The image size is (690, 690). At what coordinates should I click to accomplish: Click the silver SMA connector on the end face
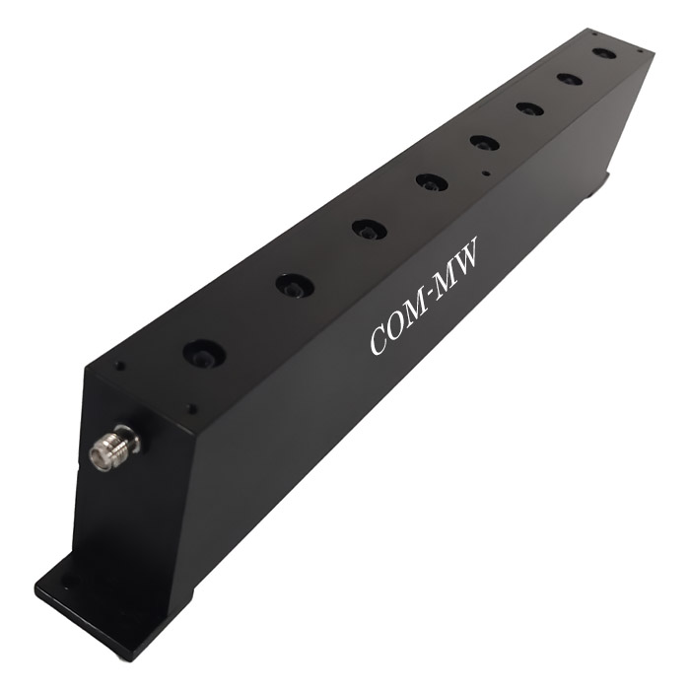[x=114, y=448]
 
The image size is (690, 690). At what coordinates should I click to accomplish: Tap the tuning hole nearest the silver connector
[x=204, y=353]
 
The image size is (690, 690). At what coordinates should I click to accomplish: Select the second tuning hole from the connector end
[x=295, y=285]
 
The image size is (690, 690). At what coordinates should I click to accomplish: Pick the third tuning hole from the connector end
[x=370, y=230]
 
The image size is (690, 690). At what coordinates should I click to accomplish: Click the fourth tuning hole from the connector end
[x=432, y=182]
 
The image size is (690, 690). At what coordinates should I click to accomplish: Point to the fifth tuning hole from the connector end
[x=484, y=143]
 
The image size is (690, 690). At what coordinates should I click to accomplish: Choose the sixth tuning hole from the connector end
[x=529, y=108]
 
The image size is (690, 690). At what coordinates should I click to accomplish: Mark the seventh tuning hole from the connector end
[x=570, y=79]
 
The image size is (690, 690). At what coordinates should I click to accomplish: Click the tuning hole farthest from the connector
[x=603, y=53]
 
